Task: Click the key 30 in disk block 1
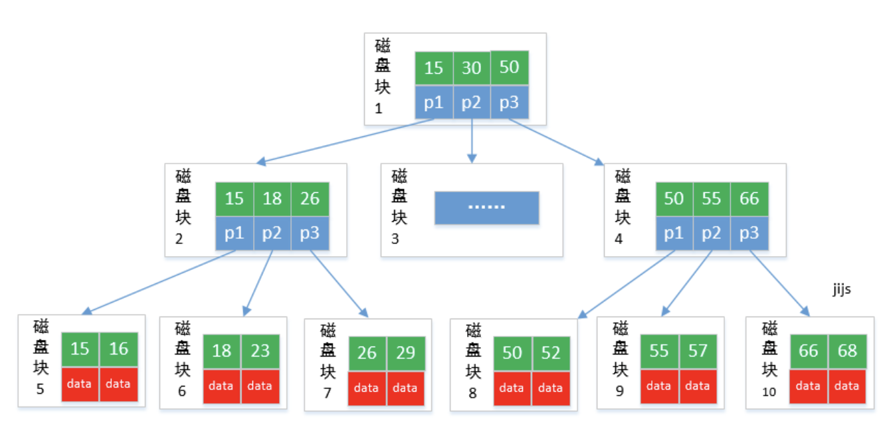[472, 68]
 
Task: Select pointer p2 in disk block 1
[472, 102]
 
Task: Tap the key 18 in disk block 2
[272, 199]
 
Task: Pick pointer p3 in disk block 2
[310, 233]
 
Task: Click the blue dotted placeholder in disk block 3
[487, 208]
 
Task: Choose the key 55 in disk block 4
[712, 199]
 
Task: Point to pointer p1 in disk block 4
[674, 233]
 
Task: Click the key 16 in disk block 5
[119, 349]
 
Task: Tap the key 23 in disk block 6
[260, 351]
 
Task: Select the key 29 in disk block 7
[406, 353]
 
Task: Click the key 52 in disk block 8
[551, 353]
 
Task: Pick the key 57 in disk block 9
[698, 351]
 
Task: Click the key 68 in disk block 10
[847, 351]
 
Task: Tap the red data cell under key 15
[79, 384]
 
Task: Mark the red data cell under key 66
[809, 386]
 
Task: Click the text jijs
[842, 289]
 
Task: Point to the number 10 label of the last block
[769, 392]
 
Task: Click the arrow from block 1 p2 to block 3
[472, 141]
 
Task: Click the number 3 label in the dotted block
[395, 239]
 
